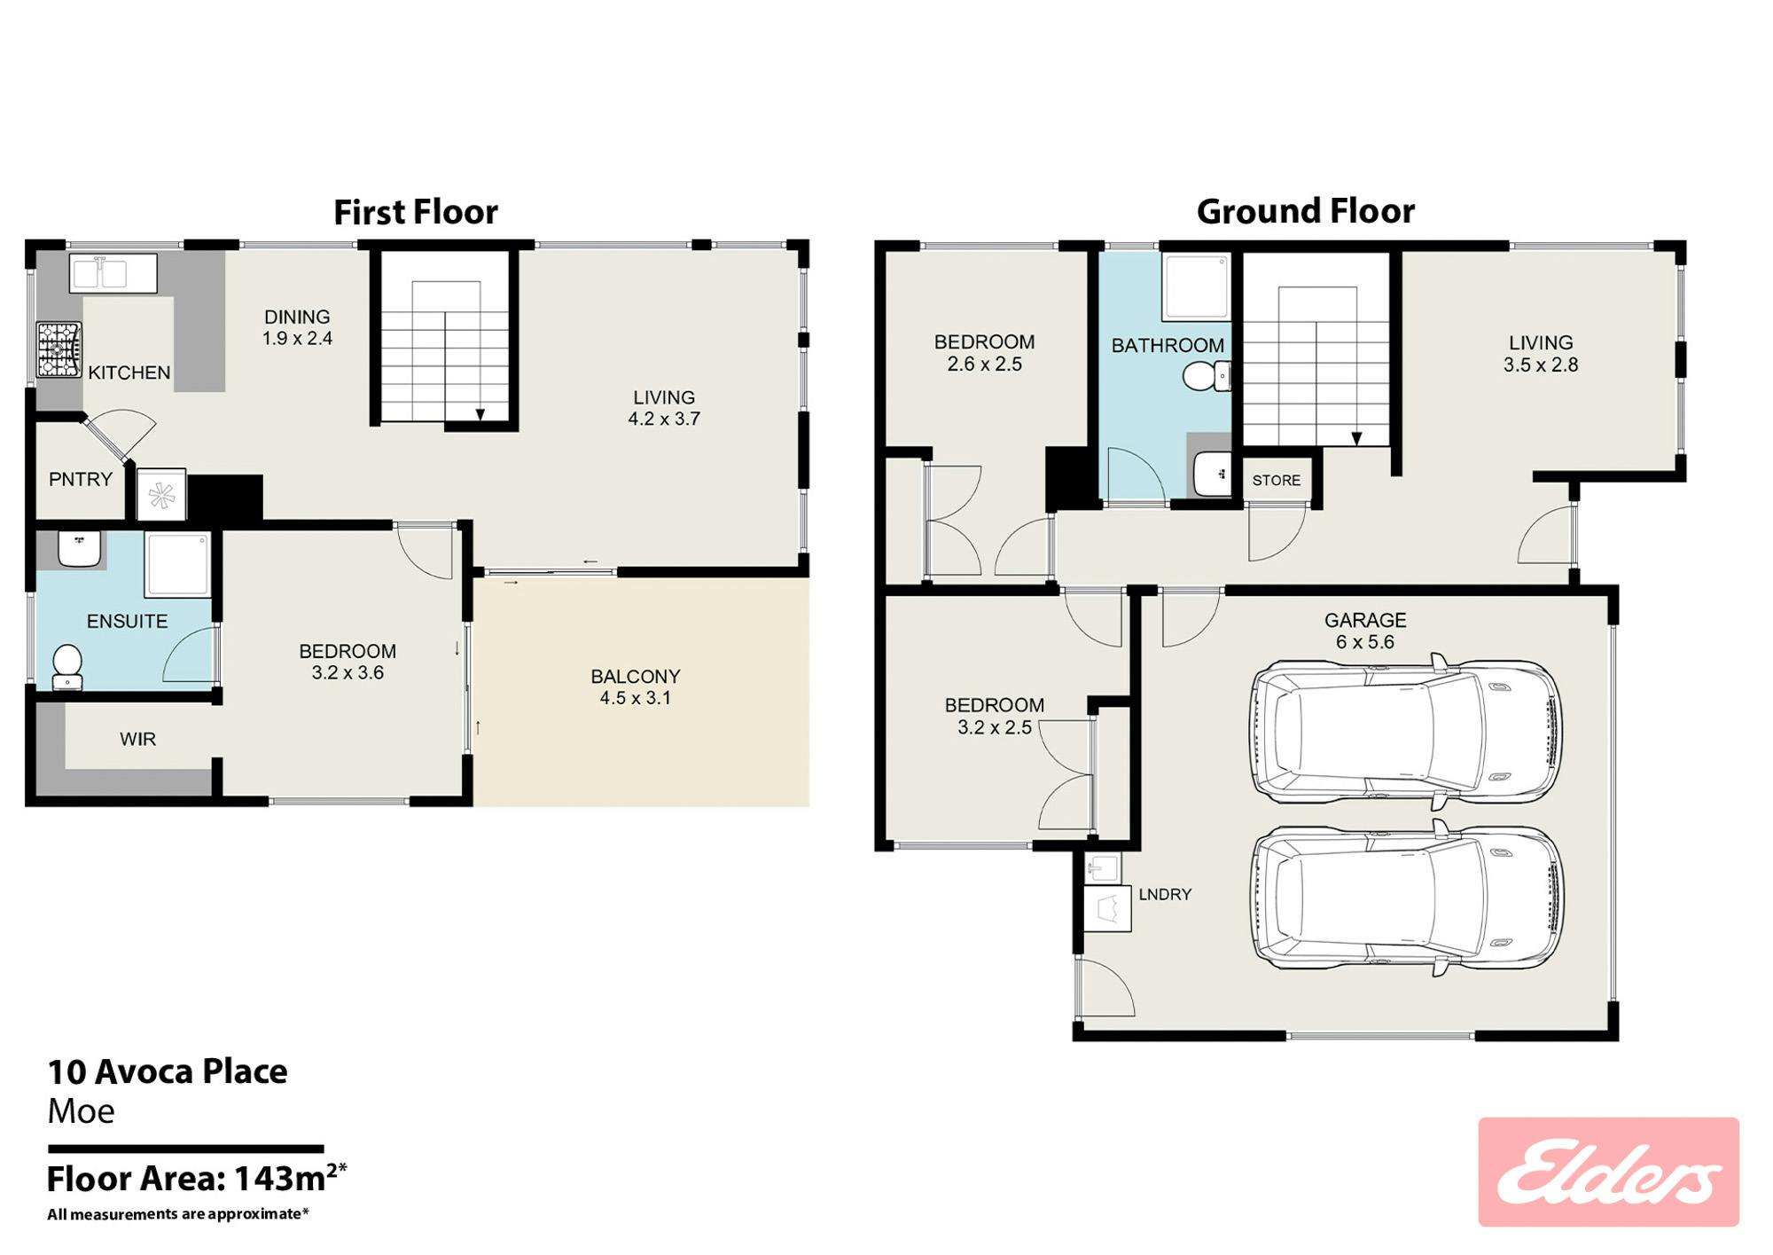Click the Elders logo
coord(1608,1172)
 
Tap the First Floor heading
coord(416,212)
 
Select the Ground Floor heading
coord(1306,211)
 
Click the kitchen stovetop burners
coord(59,349)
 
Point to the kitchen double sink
coord(113,273)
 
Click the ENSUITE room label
coord(127,621)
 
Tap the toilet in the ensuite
coord(67,668)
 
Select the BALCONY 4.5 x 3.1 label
coord(636,687)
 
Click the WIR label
coord(138,739)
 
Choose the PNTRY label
coord(81,480)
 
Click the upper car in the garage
coord(1406,732)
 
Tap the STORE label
coord(1277,481)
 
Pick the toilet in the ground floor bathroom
coord(1207,376)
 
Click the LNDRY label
coord(1165,894)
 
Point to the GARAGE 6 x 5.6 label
coord(1365,631)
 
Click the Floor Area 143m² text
coord(197,1179)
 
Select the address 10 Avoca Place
coord(168,1071)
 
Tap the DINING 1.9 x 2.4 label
coord(297,327)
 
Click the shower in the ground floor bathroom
coord(1196,287)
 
